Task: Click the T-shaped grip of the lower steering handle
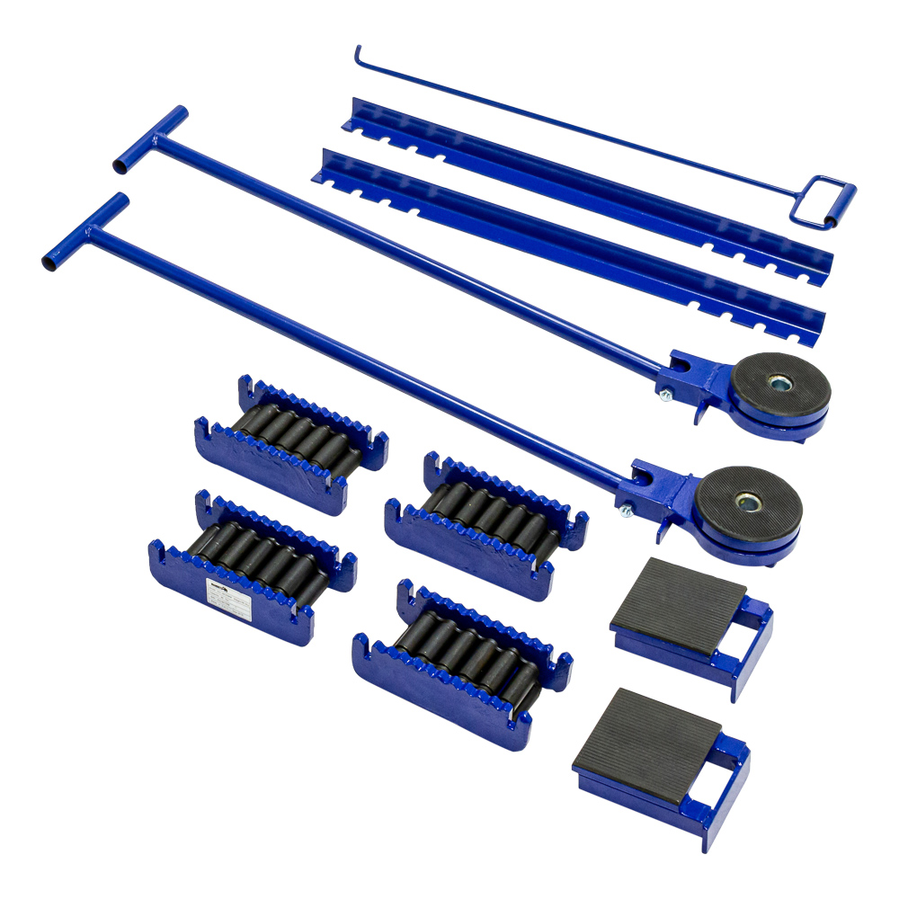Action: click(85, 231)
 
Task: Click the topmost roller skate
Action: click(292, 441)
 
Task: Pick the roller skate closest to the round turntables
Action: click(485, 521)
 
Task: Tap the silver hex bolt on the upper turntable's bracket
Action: click(664, 396)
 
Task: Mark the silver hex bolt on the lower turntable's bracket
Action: click(623, 510)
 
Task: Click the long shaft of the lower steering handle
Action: click(360, 360)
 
